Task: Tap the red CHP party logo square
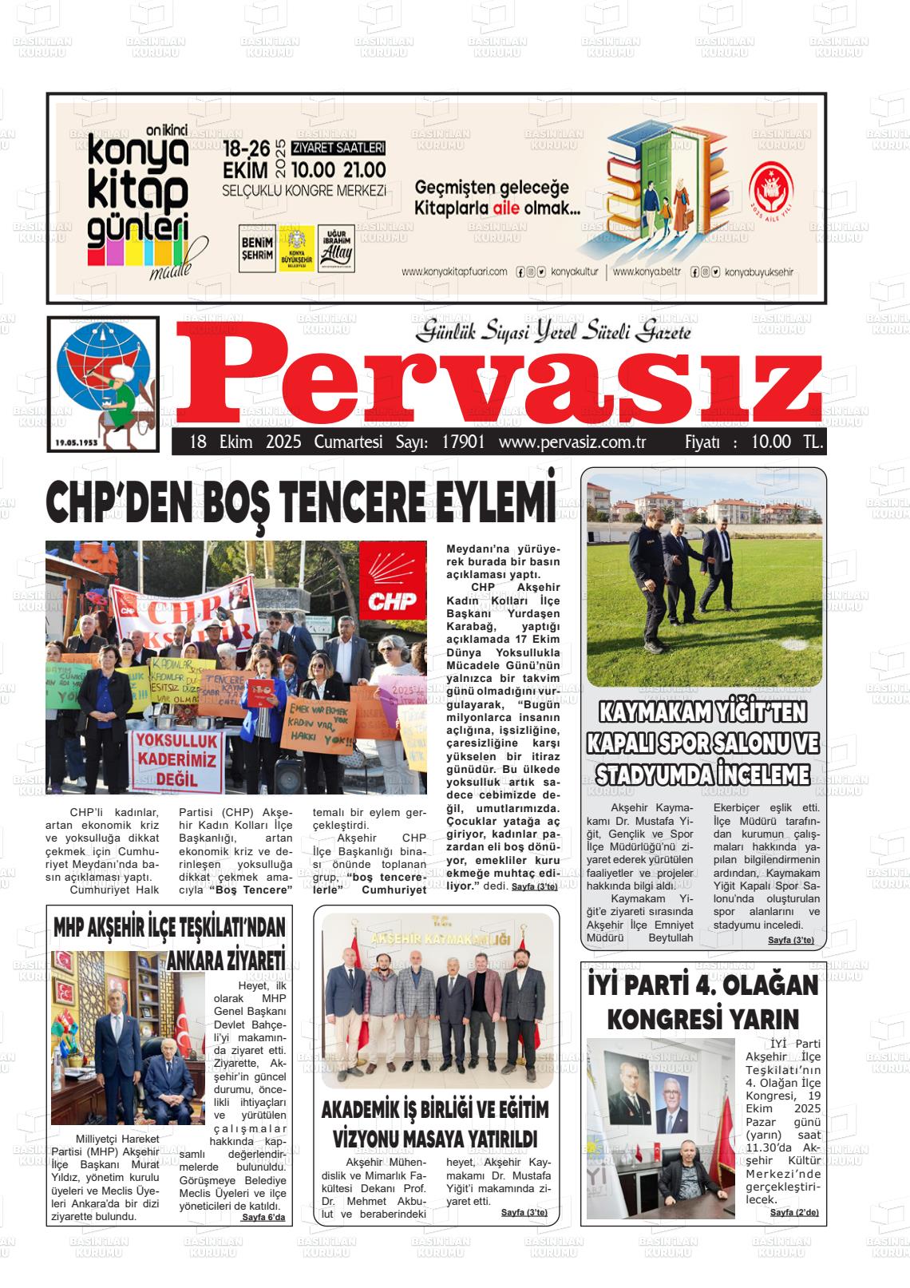[x=388, y=581]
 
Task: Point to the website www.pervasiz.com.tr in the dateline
[x=572, y=442]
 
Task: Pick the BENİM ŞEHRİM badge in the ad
[x=256, y=248]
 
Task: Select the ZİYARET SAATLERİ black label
[x=338, y=148]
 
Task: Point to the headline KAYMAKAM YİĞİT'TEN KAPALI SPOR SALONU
[x=702, y=743]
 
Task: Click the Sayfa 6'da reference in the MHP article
[x=263, y=1218]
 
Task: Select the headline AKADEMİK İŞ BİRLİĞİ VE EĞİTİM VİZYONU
[x=435, y=1123]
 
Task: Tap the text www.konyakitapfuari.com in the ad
[x=454, y=271]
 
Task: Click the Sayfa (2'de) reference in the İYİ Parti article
[x=793, y=1212]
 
